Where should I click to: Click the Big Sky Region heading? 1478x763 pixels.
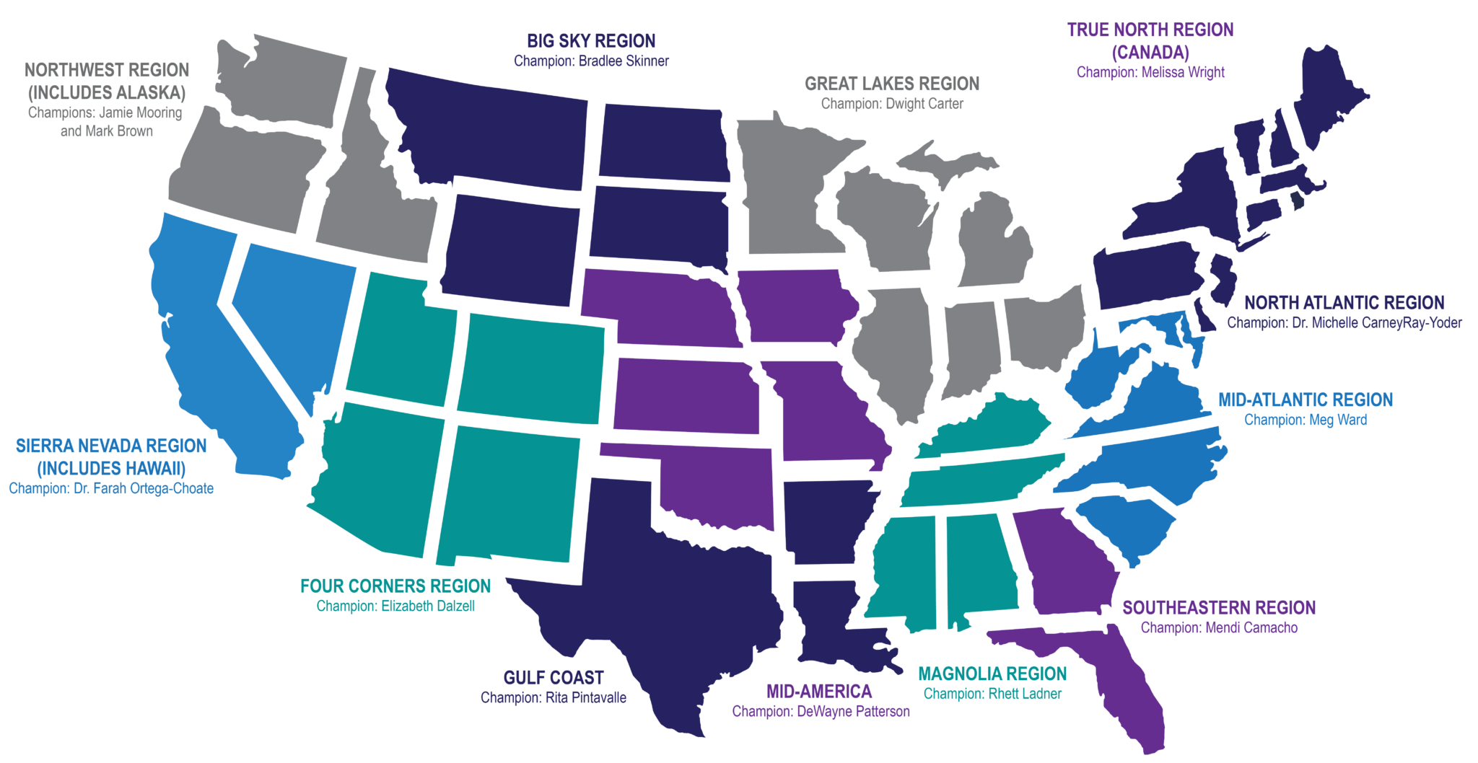(591, 41)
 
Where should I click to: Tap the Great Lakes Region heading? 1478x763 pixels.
(892, 84)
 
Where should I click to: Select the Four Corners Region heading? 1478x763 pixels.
(395, 586)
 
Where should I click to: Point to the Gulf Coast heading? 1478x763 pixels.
(554, 678)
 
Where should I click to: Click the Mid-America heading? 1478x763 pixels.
(819, 692)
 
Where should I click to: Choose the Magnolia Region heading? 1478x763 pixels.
(992, 674)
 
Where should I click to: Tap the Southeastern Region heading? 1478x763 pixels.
(1219, 608)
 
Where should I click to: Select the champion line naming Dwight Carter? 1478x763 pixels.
(892, 104)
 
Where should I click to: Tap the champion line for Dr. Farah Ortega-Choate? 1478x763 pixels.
(111, 488)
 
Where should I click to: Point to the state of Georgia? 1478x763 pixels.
(1068, 563)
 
